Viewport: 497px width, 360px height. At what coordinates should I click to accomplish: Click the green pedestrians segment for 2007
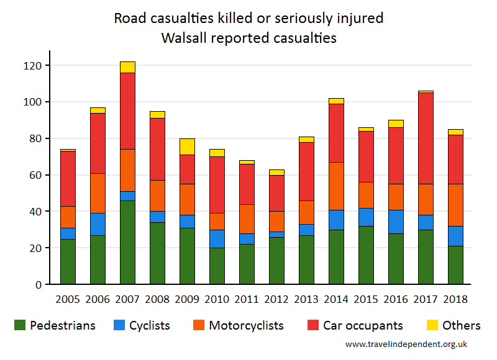pos(127,243)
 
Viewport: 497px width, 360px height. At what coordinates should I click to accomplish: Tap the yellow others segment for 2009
pos(187,146)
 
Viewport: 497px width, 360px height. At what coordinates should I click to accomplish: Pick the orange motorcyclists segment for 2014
pos(336,186)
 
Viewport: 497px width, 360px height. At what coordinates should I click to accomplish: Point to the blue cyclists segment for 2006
pos(98,224)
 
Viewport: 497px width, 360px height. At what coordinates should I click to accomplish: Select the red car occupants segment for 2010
pos(217,185)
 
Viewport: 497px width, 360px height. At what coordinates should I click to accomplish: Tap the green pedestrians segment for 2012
pos(276,261)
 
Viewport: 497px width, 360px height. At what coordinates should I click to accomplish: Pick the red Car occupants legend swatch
pos(314,325)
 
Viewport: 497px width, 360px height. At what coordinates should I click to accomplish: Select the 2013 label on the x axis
pos(306,299)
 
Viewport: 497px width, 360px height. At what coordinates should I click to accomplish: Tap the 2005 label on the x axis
pos(68,299)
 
